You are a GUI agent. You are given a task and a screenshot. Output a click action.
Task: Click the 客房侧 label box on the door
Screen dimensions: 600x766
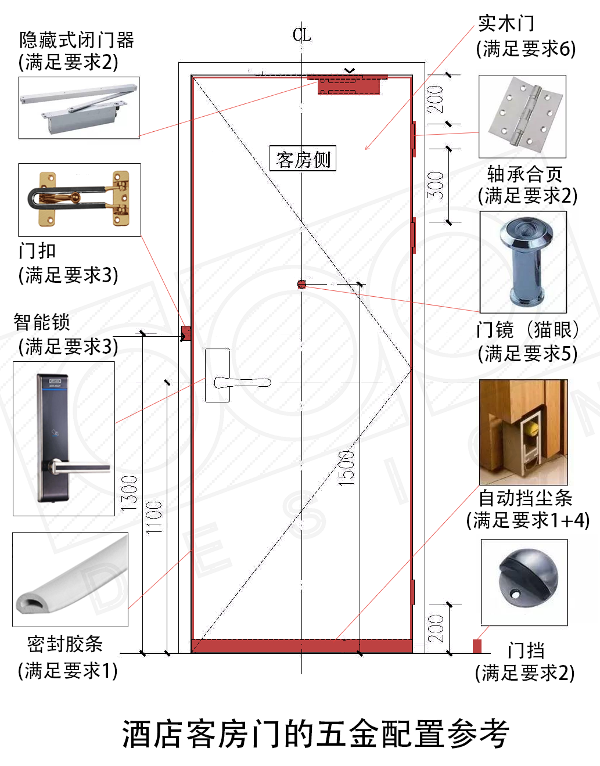[x=303, y=159]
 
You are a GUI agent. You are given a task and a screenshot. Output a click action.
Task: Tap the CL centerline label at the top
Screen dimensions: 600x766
[x=301, y=35]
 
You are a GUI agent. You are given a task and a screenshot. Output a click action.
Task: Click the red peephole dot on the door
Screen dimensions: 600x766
[x=301, y=284]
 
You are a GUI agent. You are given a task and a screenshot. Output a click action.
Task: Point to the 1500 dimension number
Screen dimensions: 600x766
[x=346, y=468]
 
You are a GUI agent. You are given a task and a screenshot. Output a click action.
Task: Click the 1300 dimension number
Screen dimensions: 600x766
[x=129, y=494]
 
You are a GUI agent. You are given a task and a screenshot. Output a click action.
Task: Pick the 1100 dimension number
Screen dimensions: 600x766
[x=154, y=517]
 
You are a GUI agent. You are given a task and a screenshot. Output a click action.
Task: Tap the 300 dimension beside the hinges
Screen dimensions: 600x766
[x=436, y=185]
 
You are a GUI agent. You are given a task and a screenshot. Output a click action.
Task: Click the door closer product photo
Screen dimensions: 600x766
[x=79, y=107]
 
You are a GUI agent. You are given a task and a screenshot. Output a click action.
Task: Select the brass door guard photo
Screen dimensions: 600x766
[x=80, y=200]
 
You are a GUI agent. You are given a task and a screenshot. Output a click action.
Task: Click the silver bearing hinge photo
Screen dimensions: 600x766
[x=522, y=116]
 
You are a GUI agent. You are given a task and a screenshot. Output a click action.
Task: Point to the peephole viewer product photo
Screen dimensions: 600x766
[x=523, y=262]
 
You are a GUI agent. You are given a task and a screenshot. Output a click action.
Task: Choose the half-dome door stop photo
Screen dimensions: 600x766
[x=524, y=582]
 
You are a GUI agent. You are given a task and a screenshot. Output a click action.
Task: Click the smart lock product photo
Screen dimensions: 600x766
[x=64, y=438]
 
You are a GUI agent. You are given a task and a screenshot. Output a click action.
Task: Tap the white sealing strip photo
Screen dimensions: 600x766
[x=70, y=579]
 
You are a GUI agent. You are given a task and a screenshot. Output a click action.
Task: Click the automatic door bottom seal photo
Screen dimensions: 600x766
[x=523, y=432]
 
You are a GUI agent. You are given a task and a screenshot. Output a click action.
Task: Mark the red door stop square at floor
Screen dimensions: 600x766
[x=477, y=646]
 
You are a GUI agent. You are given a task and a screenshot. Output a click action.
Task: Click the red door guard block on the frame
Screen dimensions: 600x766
[x=186, y=333]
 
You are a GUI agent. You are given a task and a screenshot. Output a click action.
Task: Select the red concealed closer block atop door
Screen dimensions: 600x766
[x=349, y=85]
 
